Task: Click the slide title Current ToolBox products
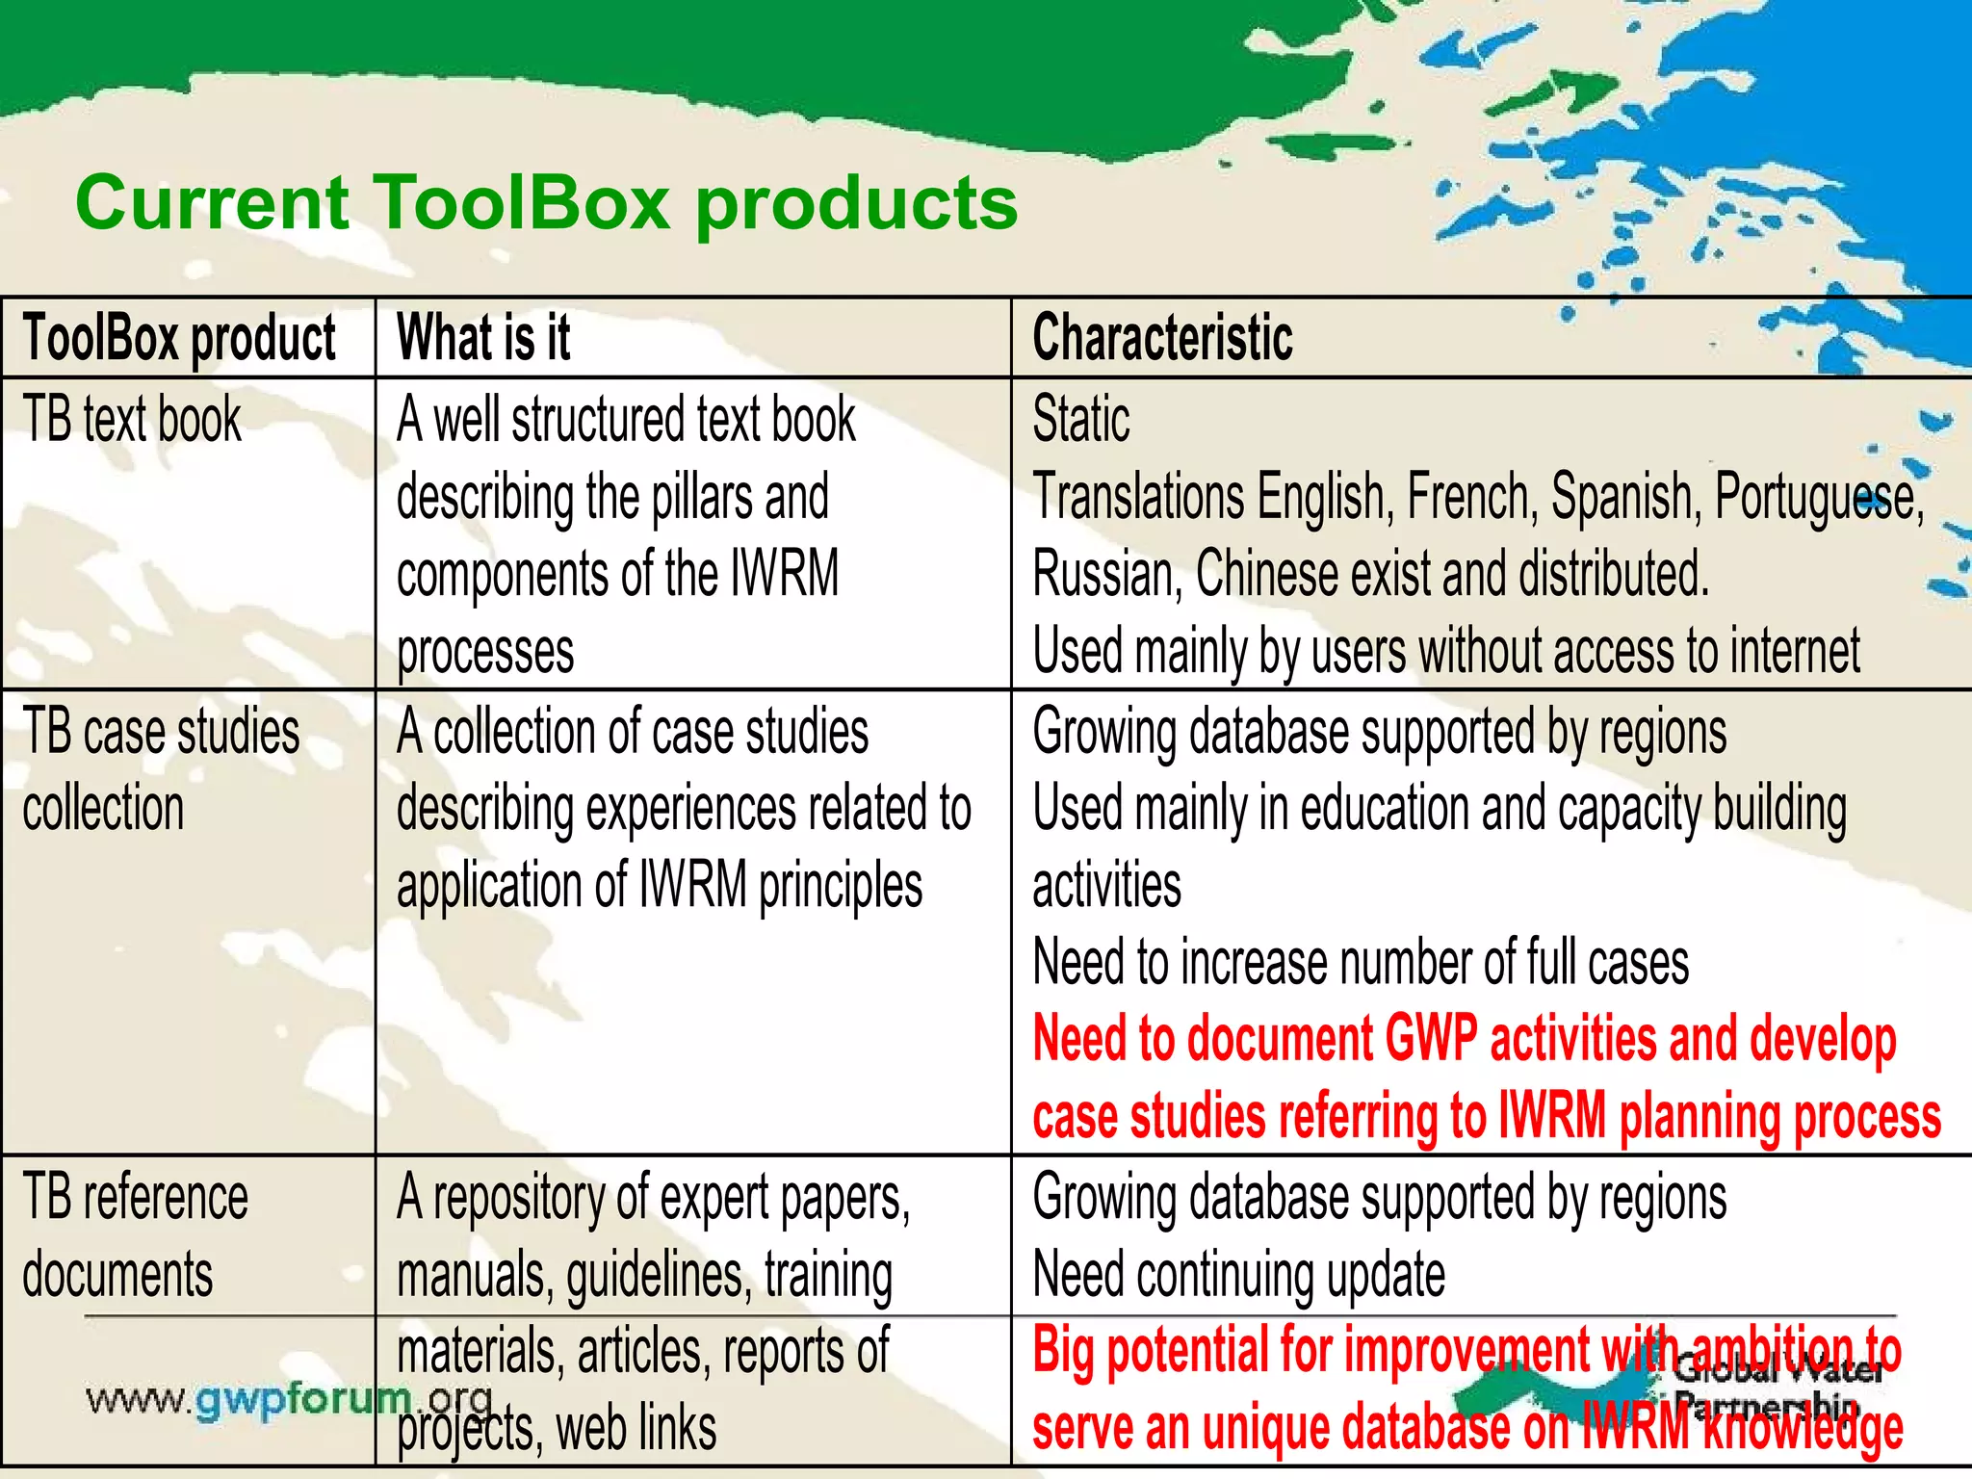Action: pos(546,203)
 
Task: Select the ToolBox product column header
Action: pos(179,338)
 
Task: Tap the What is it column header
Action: pos(483,338)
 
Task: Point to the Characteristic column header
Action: pos(1162,338)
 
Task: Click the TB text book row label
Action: pos(132,420)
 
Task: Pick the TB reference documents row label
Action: pos(135,1235)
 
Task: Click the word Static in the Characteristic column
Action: pos(1080,420)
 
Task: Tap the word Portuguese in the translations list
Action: pos(1818,498)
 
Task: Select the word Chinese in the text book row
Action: pos(1266,574)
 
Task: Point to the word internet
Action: pos(1795,651)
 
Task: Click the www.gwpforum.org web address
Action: pos(289,1399)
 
